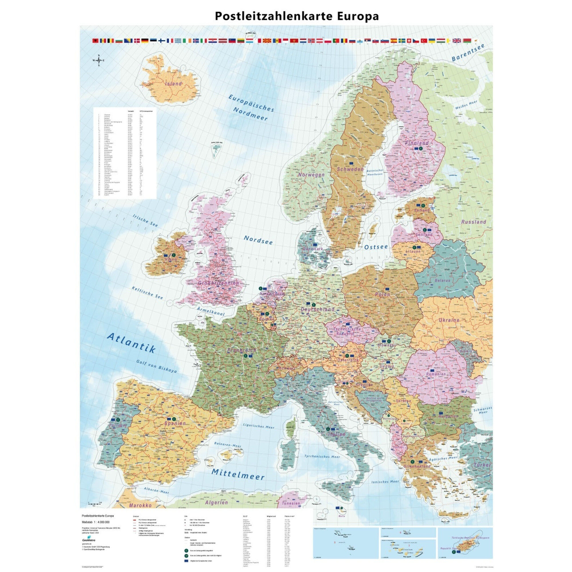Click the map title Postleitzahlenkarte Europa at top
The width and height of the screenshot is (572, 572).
[x=297, y=16]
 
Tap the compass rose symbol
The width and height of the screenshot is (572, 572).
[x=99, y=60]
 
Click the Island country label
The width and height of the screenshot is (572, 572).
[x=174, y=84]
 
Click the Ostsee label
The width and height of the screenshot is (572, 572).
[x=376, y=247]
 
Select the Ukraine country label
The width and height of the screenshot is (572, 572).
[x=449, y=320]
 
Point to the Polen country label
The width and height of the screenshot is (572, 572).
[x=382, y=295]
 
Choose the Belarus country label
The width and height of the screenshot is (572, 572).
[x=442, y=280]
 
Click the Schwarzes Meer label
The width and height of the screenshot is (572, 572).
[x=482, y=410]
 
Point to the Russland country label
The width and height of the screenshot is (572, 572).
[x=474, y=222]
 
